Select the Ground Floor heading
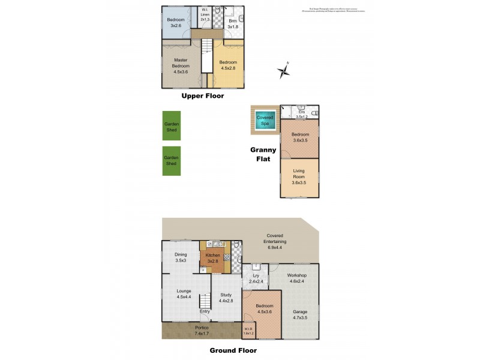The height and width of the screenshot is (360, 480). tap(233, 350)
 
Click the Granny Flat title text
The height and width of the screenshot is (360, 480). tap(264, 154)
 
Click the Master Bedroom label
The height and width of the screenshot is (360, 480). tap(181, 65)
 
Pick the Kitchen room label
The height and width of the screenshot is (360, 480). tap(212, 258)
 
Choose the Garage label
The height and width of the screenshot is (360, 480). tap(301, 315)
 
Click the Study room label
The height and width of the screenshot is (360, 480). tap(226, 298)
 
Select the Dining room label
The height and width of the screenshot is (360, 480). tap(181, 257)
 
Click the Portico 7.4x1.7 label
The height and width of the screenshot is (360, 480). tap(202, 331)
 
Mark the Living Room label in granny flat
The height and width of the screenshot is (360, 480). tap(299, 178)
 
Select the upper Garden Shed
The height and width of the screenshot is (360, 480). tap(172, 127)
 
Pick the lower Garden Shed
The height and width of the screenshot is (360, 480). tap(172, 161)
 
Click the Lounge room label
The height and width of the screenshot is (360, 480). tap(184, 294)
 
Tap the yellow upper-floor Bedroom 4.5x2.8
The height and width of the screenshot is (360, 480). tap(228, 65)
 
